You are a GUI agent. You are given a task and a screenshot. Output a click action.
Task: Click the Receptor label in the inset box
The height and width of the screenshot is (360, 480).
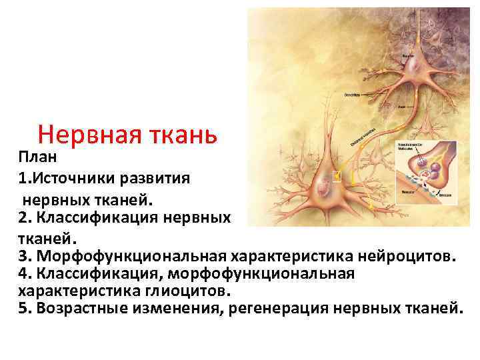coord(407,191)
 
